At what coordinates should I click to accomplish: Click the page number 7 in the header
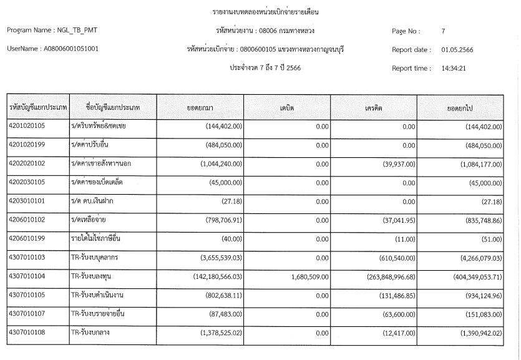pos(442,31)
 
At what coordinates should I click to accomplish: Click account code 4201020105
pos(31,127)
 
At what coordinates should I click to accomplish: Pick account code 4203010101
pos(31,202)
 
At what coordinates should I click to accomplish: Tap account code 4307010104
pos(31,276)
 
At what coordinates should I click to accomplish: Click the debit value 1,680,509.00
pos(300,276)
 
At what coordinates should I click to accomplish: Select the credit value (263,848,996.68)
pos(383,276)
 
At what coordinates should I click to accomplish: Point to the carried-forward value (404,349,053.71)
pos(470,276)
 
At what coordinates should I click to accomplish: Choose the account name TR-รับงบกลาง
pos(91,333)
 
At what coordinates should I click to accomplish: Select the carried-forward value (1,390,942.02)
pos(475,333)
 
